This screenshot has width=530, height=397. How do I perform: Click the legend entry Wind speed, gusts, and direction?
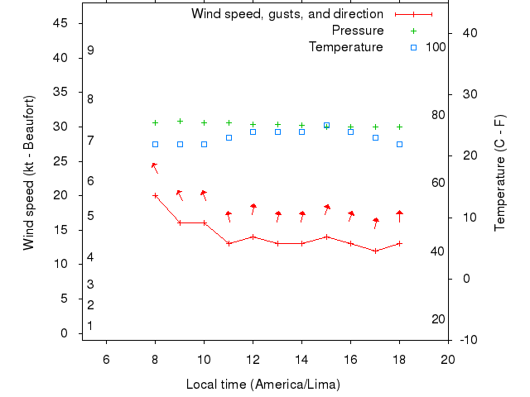coord(287,14)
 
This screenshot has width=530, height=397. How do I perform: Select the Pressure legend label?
coord(357,31)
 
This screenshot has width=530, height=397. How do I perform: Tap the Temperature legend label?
coord(345,47)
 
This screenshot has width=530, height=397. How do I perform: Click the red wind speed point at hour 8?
coord(155,195)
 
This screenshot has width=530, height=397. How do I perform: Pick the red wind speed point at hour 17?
coord(375,251)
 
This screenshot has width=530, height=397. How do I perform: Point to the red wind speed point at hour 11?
coord(229,243)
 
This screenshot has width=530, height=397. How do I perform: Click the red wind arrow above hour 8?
coord(154,167)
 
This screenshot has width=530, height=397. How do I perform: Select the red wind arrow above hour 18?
coord(399,216)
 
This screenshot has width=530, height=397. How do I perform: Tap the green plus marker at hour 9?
coord(180,121)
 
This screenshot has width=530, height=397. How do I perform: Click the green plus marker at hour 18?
coord(399,127)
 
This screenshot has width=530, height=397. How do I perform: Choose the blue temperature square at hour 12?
coord(253,132)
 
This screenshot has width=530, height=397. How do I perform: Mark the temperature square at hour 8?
coord(155,144)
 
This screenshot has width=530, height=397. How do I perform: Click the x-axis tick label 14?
coord(302,358)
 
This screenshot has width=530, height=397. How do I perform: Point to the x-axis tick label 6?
coord(106,358)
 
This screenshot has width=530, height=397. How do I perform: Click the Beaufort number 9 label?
coord(90,50)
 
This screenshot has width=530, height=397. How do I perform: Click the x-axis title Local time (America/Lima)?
coord(263,385)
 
